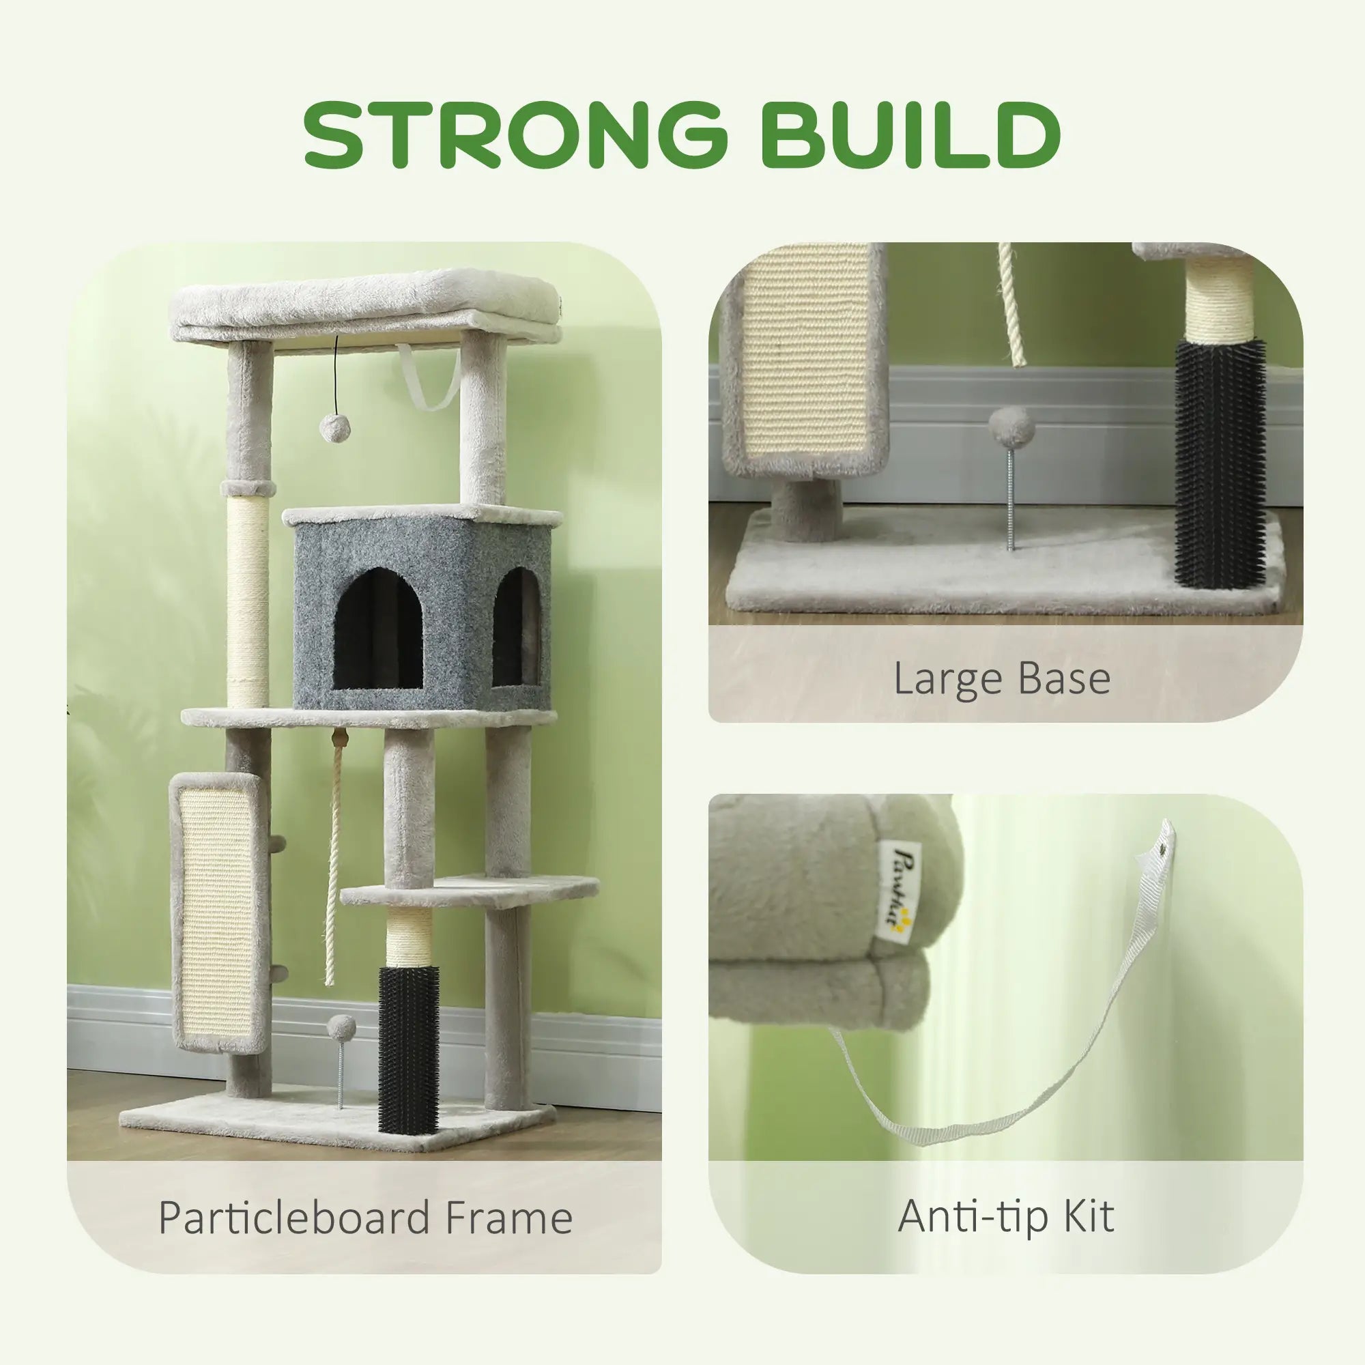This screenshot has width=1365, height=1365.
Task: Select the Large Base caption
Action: pyautogui.click(x=1002, y=678)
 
